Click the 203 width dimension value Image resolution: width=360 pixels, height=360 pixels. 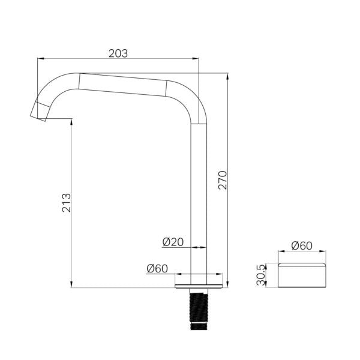118,53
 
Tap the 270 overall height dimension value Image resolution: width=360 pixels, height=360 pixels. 223,180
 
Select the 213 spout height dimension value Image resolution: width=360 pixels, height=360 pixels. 67,203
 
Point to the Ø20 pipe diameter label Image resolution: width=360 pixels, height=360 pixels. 173,242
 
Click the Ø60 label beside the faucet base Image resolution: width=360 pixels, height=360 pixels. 157,268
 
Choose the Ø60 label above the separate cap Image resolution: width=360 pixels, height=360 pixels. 302,245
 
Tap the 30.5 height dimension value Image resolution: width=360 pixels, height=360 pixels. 261,275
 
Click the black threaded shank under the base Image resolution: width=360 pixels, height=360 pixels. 199,310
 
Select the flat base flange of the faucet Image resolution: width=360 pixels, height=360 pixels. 199,286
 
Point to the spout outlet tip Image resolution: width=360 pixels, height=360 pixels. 38,112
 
